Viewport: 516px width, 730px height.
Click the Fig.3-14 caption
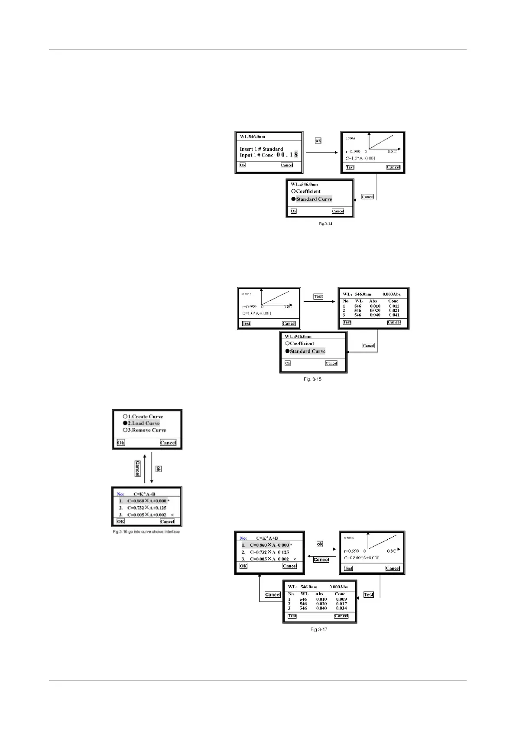pyautogui.click(x=325, y=224)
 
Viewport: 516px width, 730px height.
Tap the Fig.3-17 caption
pyautogui.click(x=319, y=629)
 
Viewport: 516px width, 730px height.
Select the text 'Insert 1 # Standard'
pyautogui.click(x=261, y=149)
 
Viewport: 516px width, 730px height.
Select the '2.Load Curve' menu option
pyautogui.click(x=143, y=424)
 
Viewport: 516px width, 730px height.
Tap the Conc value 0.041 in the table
pyautogui.click(x=394, y=315)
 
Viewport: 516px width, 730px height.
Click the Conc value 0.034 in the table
pyautogui.click(x=341, y=608)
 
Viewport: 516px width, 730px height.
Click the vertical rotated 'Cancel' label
pyautogui.click(x=137, y=468)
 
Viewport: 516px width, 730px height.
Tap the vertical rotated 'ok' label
pyautogui.click(x=159, y=469)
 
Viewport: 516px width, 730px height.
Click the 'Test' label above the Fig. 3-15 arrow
pyautogui.click(x=318, y=297)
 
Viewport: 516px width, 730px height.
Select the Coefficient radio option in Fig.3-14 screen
pyautogui.click(x=307, y=191)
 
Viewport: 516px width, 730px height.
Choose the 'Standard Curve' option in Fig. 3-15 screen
pyautogui.click(x=307, y=352)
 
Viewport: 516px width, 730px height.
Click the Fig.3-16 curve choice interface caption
pyautogui.click(x=146, y=532)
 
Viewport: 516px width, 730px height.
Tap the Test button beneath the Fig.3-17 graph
pyautogui.click(x=348, y=568)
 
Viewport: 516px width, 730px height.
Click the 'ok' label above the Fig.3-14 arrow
pyautogui.click(x=318, y=141)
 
